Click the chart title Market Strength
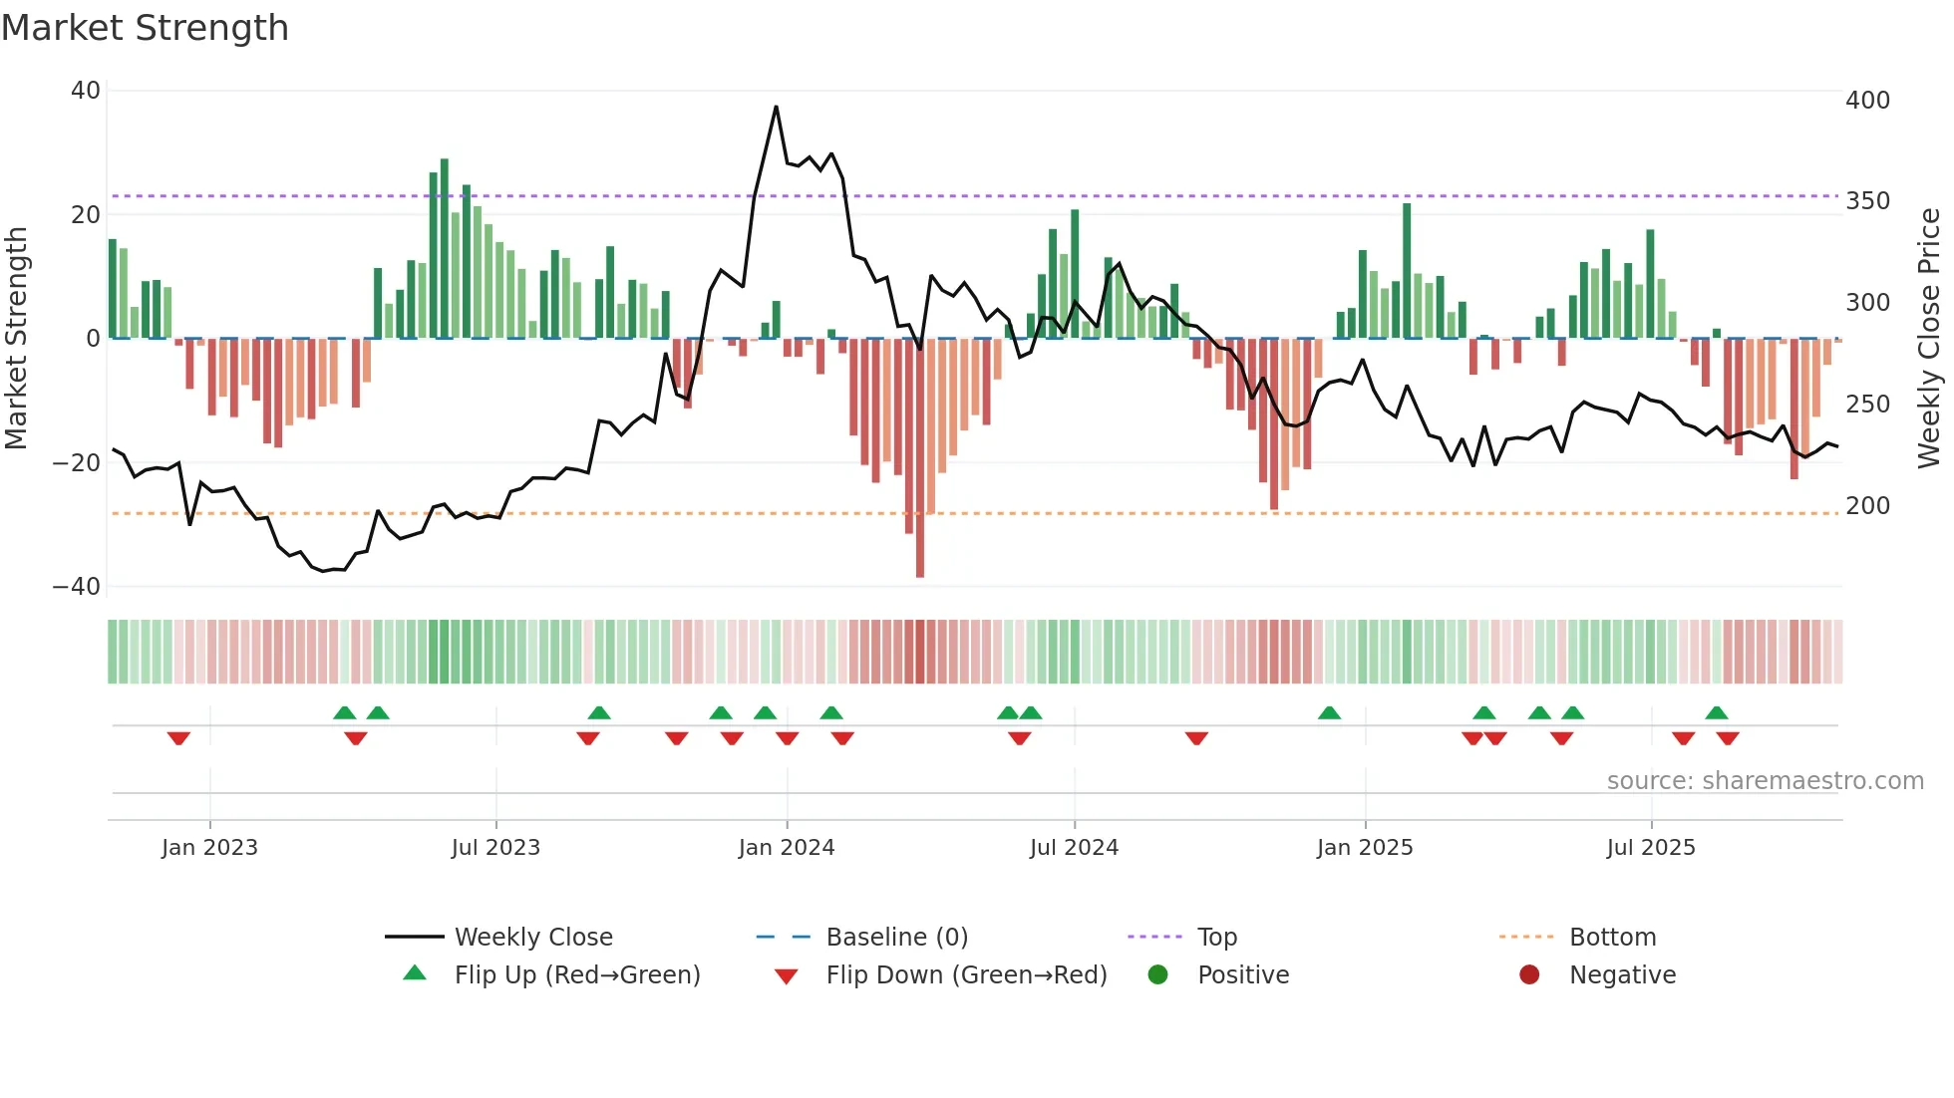point(145,28)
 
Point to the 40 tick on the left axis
point(86,91)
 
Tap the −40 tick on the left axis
point(77,587)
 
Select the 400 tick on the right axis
point(1867,101)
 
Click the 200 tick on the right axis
point(1867,506)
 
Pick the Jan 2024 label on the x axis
point(786,848)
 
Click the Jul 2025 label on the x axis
point(1650,848)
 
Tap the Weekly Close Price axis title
point(1929,339)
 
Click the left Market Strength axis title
point(16,339)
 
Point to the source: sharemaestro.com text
point(1765,781)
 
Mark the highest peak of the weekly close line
point(776,107)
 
